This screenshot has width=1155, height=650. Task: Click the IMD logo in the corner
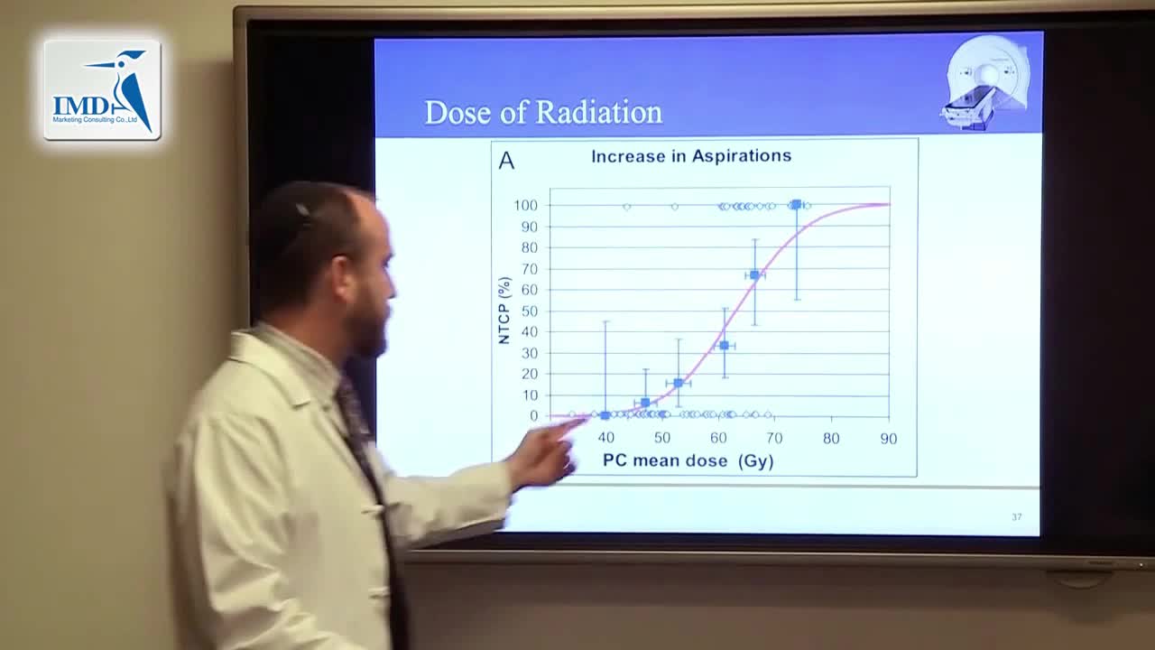tap(102, 89)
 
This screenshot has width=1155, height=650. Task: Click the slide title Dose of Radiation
tap(543, 113)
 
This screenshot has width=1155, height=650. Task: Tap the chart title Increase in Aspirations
tap(691, 156)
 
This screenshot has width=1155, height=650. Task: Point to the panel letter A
tap(506, 162)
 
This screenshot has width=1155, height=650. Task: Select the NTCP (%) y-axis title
tap(504, 311)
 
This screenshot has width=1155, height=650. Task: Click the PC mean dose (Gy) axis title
tap(688, 461)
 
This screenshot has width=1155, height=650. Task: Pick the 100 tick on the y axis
tap(526, 206)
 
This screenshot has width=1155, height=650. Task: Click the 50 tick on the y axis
tap(530, 311)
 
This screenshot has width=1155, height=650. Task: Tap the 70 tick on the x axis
tap(774, 439)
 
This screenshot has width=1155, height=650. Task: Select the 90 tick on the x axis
tap(888, 439)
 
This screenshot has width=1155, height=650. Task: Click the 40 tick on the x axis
tap(605, 439)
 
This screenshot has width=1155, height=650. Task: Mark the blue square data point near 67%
tap(755, 274)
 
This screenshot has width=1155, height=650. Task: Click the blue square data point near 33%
tap(725, 346)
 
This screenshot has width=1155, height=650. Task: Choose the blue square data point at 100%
tap(796, 205)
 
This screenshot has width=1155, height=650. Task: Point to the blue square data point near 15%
tap(679, 383)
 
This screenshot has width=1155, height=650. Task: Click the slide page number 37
tap(1017, 517)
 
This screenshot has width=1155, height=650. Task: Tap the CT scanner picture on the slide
tap(987, 81)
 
